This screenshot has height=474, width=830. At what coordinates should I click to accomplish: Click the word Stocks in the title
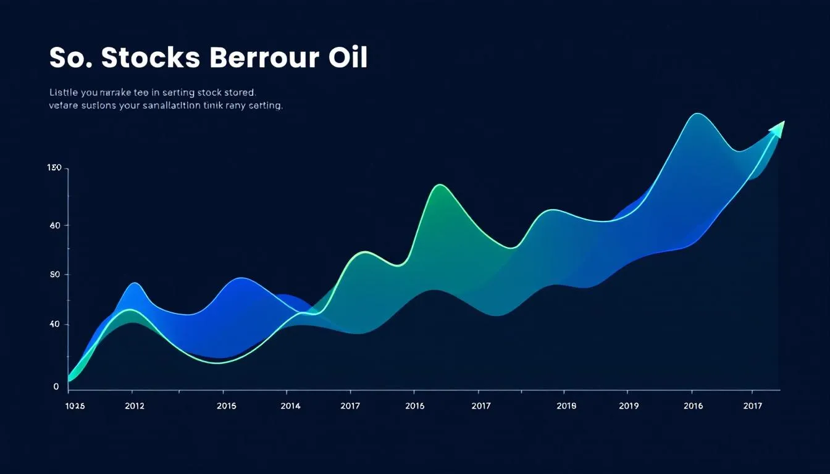pyautogui.click(x=149, y=57)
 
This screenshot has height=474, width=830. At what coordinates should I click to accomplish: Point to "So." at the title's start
pyautogui.click(x=70, y=57)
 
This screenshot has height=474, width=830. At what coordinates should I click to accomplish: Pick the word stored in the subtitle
pyautogui.click(x=238, y=93)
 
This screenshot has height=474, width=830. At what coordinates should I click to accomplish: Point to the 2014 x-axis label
pyautogui.click(x=290, y=405)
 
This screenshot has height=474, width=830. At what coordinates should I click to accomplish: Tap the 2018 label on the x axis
pyautogui.click(x=566, y=405)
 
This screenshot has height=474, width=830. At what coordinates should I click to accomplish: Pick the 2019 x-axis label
pyautogui.click(x=628, y=405)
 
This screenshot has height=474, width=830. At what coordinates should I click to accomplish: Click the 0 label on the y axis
pyautogui.click(x=56, y=387)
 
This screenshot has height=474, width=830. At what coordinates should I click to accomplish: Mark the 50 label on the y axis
pyautogui.click(x=55, y=275)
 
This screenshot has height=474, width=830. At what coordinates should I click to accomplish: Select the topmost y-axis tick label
pyautogui.click(x=54, y=168)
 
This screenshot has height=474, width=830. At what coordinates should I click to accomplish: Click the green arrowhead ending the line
pyautogui.click(x=778, y=128)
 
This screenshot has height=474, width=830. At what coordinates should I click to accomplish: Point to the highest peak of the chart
pyautogui.click(x=697, y=115)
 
